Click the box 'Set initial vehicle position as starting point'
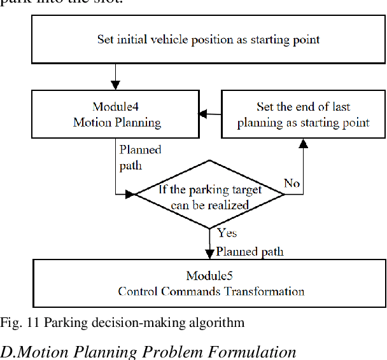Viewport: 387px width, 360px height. click(x=208, y=39)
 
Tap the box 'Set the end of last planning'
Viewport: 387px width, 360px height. click(x=303, y=114)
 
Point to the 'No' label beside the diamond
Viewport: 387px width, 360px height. click(x=292, y=184)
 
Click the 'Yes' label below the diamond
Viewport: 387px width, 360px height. click(x=227, y=233)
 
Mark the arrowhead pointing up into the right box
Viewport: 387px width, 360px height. click(x=303, y=143)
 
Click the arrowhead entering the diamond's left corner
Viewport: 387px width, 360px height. click(x=132, y=194)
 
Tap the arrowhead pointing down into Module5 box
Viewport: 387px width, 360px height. click(x=210, y=254)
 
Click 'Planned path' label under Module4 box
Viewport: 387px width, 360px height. click(x=140, y=157)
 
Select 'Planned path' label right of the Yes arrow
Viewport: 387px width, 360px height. click(x=250, y=251)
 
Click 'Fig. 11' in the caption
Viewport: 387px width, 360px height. click(x=15, y=322)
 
